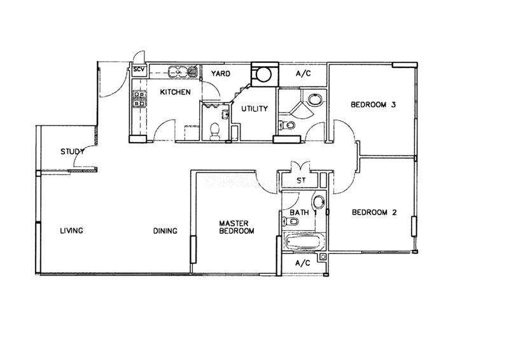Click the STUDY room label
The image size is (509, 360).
click(73, 151)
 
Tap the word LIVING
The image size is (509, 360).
click(72, 230)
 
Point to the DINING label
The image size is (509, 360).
click(165, 231)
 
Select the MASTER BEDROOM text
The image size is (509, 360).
click(237, 227)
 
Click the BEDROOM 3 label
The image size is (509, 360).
click(373, 104)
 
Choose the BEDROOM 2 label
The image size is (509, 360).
click(374, 212)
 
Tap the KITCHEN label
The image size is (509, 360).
click(176, 92)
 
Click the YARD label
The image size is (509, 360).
click(221, 74)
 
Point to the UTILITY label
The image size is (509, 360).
click(254, 108)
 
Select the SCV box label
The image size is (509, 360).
click(139, 69)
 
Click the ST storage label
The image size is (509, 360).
click(301, 180)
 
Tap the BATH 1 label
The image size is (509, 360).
click(303, 212)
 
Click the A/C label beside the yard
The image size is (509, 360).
click(303, 74)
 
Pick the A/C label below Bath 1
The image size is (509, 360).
click(303, 263)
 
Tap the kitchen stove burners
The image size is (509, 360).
click(139, 99)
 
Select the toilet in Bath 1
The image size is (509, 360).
click(291, 222)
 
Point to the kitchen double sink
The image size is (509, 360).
click(183, 71)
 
